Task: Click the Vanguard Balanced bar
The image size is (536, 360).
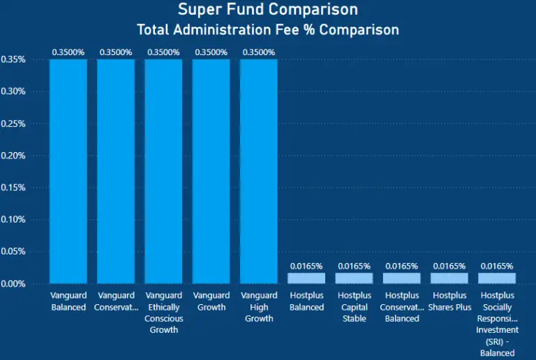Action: click(68, 171)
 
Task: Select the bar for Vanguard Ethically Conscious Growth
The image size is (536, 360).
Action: click(163, 171)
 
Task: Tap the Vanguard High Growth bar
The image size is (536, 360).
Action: click(258, 171)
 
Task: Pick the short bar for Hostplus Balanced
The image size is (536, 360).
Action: click(306, 278)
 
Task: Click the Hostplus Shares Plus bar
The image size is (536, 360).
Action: click(449, 278)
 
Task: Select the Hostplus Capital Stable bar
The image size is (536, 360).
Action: click(354, 278)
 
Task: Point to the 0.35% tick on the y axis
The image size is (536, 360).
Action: click(13, 59)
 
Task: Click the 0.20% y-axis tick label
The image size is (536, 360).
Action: click(13, 156)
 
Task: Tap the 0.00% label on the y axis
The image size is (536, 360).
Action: click(13, 284)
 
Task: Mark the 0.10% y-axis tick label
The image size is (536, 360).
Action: click(13, 220)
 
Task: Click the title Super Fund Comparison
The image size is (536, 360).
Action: click(268, 10)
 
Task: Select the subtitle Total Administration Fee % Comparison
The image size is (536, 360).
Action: click(268, 30)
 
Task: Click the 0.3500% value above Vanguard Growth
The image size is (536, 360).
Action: click(211, 52)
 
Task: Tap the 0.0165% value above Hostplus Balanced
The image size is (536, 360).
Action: click(306, 266)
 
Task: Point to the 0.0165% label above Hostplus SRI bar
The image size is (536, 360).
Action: click(496, 266)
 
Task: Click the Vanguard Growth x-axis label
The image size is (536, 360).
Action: click(211, 301)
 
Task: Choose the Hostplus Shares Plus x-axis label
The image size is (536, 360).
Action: click(449, 301)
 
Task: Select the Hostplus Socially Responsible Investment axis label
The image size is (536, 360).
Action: click(496, 324)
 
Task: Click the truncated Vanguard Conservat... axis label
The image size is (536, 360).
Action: click(116, 301)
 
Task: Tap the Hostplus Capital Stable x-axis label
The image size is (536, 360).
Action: click(354, 307)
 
